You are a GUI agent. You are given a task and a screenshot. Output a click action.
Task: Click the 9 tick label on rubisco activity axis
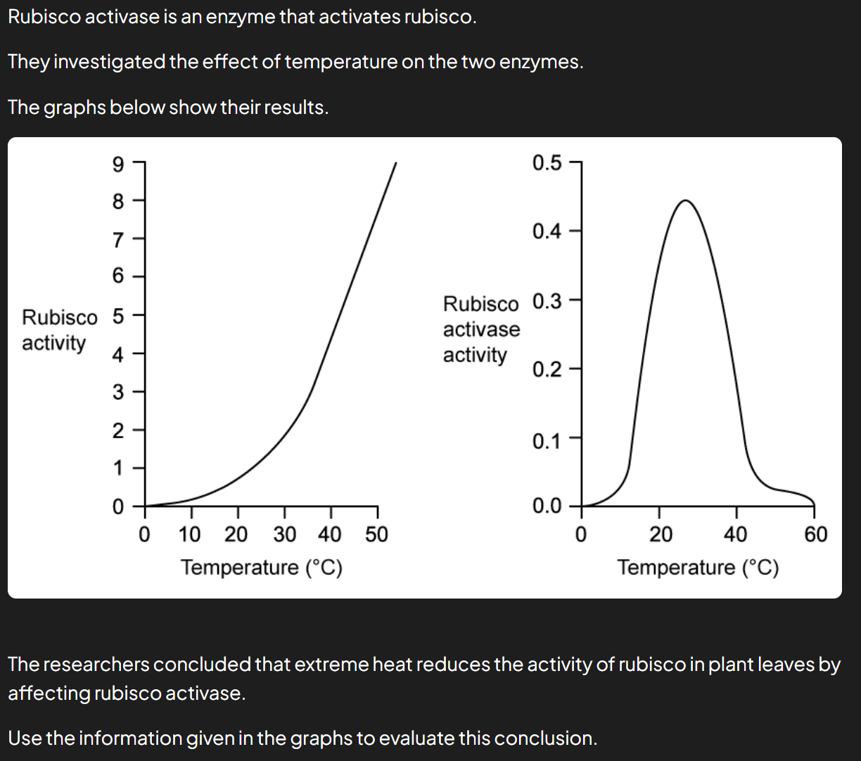tap(118, 165)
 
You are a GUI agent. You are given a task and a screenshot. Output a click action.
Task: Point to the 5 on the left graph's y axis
tap(118, 316)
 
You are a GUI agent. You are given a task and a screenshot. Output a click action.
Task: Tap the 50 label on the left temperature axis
tap(376, 535)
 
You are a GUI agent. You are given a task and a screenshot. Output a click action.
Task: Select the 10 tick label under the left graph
tap(189, 535)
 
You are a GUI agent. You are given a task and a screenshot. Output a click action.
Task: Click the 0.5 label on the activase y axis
tap(547, 163)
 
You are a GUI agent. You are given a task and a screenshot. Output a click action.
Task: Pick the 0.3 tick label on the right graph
tap(547, 302)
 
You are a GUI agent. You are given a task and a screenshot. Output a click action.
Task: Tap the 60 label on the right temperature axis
tap(815, 535)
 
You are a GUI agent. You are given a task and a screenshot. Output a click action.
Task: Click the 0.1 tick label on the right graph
tap(547, 441)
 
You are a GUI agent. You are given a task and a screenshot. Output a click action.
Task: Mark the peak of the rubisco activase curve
tap(685, 200)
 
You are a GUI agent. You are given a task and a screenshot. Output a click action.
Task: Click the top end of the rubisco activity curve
tap(396, 162)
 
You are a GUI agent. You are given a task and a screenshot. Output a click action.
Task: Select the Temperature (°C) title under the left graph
tap(262, 568)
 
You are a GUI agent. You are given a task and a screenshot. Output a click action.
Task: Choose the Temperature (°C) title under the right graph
tap(698, 568)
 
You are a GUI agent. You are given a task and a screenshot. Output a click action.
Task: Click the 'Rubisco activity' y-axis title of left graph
tap(60, 330)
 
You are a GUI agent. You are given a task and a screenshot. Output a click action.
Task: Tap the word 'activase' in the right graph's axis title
tap(481, 330)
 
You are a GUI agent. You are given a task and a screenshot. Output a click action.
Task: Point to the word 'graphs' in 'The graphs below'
tap(75, 108)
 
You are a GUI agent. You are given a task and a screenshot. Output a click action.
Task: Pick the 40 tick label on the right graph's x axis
tap(736, 535)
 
